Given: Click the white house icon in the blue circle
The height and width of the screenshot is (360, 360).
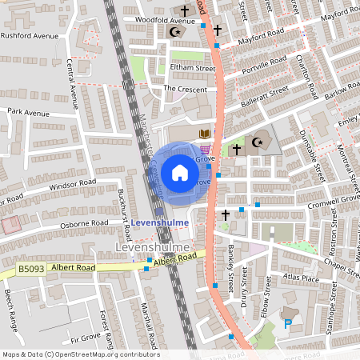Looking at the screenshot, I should (x=179, y=172).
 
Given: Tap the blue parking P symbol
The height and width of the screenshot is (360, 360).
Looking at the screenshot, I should (x=288, y=323).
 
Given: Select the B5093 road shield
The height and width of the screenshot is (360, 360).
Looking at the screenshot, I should (x=30, y=270).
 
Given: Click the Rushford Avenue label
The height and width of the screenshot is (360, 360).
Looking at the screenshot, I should (x=30, y=36).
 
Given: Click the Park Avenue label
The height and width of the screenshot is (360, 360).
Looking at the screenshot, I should (x=28, y=113).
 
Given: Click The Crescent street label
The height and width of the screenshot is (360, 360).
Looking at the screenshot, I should (x=185, y=89).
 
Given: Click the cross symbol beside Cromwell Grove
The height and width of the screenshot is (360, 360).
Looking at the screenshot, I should (x=226, y=215).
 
